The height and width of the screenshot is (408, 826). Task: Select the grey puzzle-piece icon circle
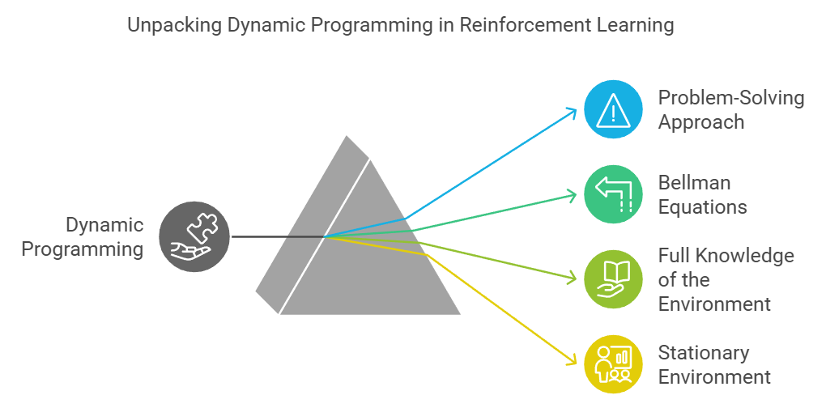pyautogui.click(x=194, y=236)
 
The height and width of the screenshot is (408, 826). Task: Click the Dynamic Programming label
pyautogui.click(x=83, y=237)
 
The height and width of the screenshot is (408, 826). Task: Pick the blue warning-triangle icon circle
pyautogui.click(x=613, y=110)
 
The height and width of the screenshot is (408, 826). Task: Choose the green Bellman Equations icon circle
pyautogui.click(x=613, y=195)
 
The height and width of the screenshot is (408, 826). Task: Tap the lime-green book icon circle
pyautogui.click(x=613, y=280)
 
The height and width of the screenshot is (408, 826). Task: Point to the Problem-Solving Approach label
pyautogui.click(x=730, y=110)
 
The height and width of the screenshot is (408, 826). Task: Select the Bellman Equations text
pyautogui.click(x=702, y=195)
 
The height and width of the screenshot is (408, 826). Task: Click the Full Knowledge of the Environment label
pyautogui.click(x=726, y=280)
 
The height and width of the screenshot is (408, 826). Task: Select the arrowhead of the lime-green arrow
pyautogui.click(x=577, y=280)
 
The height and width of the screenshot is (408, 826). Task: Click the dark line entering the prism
pyautogui.click(x=275, y=237)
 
